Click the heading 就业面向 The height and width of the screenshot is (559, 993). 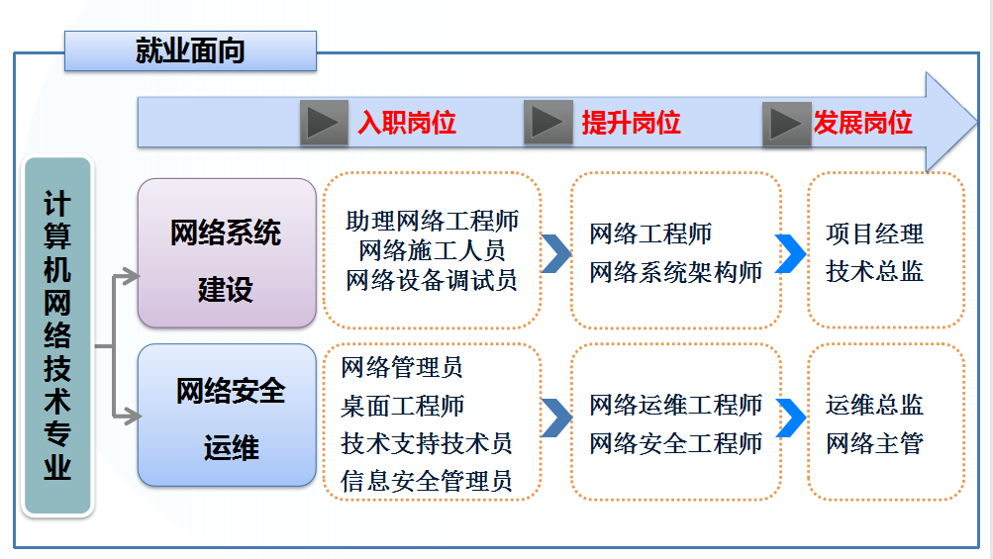(x=190, y=50)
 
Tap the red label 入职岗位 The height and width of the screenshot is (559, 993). (x=407, y=123)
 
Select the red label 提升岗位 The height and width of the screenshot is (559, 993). (x=631, y=123)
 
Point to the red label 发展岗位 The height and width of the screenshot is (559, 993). (x=862, y=123)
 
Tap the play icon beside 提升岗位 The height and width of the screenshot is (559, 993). (x=547, y=123)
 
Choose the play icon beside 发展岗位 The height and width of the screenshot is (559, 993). (x=787, y=123)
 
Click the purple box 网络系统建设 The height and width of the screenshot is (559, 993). (x=227, y=253)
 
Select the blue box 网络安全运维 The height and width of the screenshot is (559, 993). (x=227, y=416)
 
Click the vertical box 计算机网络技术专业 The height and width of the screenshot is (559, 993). (x=57, y=336)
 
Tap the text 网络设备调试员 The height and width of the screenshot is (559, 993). (x=432, y=280)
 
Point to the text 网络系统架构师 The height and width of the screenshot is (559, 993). (x=676, y=272)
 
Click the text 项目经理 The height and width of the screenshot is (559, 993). (x=875, y=234)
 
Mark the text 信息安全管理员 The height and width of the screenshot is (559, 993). (x=427, y=481)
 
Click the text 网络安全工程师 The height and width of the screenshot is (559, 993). (x=676, y=443)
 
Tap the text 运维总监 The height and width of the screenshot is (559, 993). (x=875, y=405)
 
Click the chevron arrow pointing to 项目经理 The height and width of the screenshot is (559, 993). (x=790, y=253)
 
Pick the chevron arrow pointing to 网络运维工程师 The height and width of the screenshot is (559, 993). (x=556, y=419)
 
